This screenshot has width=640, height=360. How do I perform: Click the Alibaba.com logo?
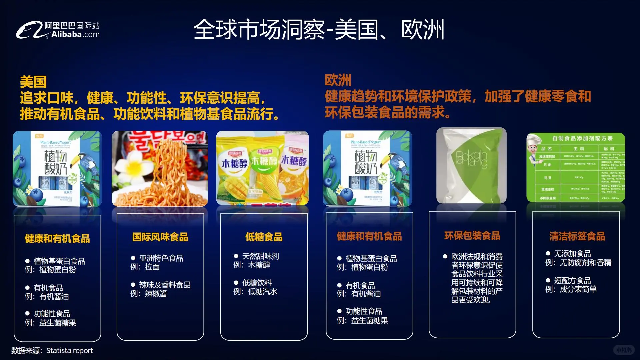coord(58,30)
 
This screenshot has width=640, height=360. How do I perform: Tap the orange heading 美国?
coord(33,82)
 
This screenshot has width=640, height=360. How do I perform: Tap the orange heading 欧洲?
coord(338,80)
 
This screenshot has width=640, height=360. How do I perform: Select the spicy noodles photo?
coord(160,169)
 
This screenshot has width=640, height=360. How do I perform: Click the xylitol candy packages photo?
coord(262,168)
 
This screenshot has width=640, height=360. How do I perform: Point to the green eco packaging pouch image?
coord(471,166)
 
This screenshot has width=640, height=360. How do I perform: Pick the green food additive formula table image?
coord(576,167)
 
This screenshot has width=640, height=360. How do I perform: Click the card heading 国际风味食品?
coord(160,237)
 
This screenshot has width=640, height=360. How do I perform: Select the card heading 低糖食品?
coord(264,237)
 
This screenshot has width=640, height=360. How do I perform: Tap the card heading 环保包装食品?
coord(472,236)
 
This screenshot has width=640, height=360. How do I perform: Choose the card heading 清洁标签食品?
coord(577,236)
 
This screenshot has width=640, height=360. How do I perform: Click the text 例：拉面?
coord(145,267)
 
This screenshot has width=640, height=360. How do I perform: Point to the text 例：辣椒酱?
coord(149,294)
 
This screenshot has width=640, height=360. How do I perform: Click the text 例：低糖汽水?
coord(255,292)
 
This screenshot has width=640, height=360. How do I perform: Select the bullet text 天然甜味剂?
coord(260,256)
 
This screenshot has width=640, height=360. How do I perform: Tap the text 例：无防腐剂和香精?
coord(578,263)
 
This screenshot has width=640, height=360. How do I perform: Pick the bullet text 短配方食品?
coord(572,281)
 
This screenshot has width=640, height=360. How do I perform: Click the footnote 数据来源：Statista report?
coord(52,351)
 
